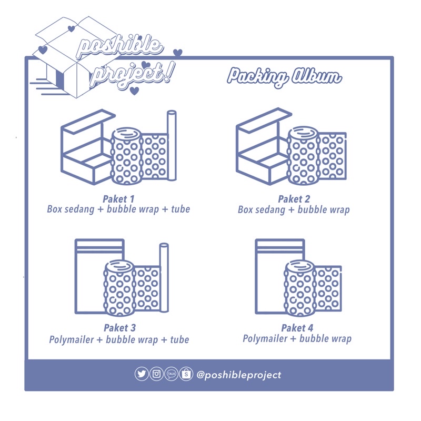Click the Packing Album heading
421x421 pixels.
tap(284, 77)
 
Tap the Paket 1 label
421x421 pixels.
tap(118, 199)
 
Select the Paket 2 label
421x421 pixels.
tap(293, 199)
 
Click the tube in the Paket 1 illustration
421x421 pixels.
tap(172, 145)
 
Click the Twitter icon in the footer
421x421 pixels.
tap(142, 374)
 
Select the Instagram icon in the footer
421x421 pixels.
tap(156, 374)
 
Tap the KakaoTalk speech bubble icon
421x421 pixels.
tap(171, 374)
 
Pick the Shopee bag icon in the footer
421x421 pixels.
tap(186, 374)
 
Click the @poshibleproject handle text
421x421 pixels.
tap(238, 375)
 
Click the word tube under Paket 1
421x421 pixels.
tap(180, 209)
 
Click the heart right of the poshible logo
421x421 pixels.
tap(178, 53)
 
